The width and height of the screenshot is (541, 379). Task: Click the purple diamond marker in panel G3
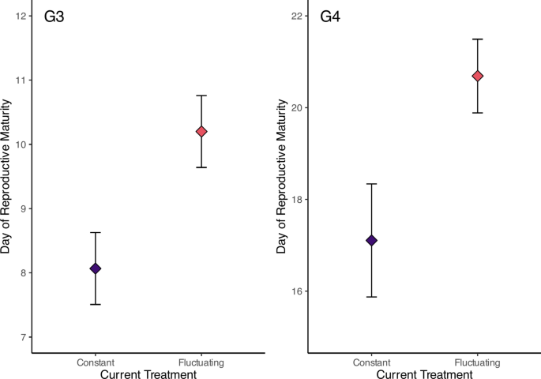[x=96, y=268]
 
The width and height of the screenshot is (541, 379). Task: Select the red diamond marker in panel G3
[x=201, y=131]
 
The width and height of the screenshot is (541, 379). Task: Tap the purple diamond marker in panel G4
[x=372, y=240]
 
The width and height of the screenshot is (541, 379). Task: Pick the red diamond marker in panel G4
[x=478, y=76]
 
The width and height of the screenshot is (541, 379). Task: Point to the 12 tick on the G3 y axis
[x=21, y=16]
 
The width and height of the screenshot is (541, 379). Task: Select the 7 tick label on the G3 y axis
[x=24, y=337]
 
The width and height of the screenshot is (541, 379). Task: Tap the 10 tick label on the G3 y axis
[x=21, y=144]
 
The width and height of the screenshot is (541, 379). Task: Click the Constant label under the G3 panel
[x=96, y=362]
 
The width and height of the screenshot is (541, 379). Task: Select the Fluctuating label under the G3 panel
[x=201, y=362]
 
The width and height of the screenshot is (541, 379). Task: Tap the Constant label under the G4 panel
[x=372, y=362]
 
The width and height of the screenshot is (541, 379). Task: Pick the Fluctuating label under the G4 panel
[x=478, y=362]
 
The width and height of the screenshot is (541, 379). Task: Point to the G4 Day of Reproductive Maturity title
[x=282, y=179]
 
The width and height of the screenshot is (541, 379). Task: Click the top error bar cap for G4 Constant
[x=372, y=184]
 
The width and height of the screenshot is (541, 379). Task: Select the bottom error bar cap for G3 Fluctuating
[x=201, y=167]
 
